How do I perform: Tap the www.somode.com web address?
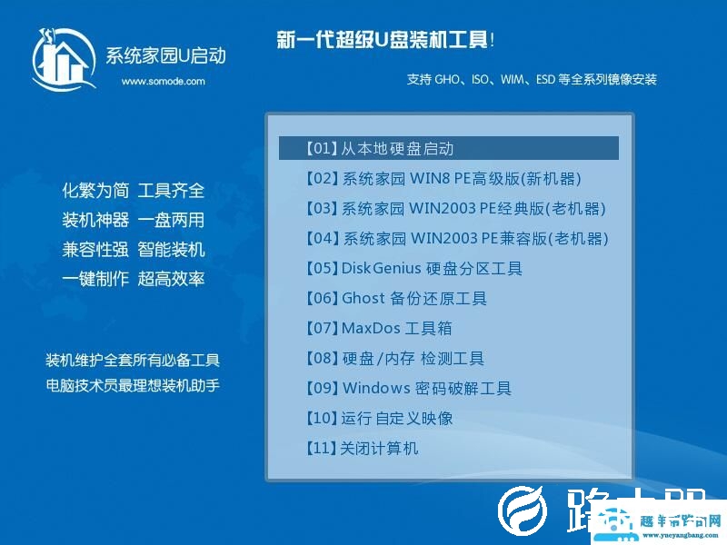[163, 81]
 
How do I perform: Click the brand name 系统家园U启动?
[165, 56]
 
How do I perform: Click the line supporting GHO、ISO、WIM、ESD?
[532, 80]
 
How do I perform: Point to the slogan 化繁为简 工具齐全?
[134, 191]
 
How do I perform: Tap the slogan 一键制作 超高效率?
[134, 279]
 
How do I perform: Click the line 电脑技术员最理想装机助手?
[133, 385]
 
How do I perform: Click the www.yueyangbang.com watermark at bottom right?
[680, 534]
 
